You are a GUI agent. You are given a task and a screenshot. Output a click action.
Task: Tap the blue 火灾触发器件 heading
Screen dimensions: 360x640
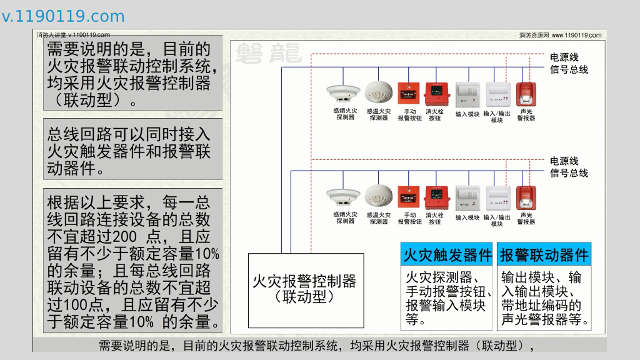(x=447, y=255)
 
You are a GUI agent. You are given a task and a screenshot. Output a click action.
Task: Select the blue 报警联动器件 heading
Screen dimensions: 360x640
(x=544, y=255)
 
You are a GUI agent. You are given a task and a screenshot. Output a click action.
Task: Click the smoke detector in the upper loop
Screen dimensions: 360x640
(x=342, y=94)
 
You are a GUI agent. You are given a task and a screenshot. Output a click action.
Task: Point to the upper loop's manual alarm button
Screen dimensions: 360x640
(x=409, y=94)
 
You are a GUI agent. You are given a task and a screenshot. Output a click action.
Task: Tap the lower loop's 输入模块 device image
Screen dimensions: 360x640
(x=467, y=197)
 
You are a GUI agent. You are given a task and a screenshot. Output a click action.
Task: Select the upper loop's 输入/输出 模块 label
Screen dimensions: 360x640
(x=497, y=117)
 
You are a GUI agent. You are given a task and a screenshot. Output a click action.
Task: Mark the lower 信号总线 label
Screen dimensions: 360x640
(x=569, y=173)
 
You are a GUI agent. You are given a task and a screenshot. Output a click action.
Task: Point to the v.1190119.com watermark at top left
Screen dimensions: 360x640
(x=63, y=16)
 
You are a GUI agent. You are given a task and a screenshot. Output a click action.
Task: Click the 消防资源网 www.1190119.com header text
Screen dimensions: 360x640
(x=560, y=36)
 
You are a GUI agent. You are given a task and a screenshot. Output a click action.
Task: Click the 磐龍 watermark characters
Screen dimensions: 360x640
(x=268, y=54)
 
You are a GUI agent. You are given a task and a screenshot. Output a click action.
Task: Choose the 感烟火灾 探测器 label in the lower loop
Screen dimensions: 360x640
(x=345, y=217)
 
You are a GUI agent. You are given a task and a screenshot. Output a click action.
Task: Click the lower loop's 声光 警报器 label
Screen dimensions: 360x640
(x=526, y=217)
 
